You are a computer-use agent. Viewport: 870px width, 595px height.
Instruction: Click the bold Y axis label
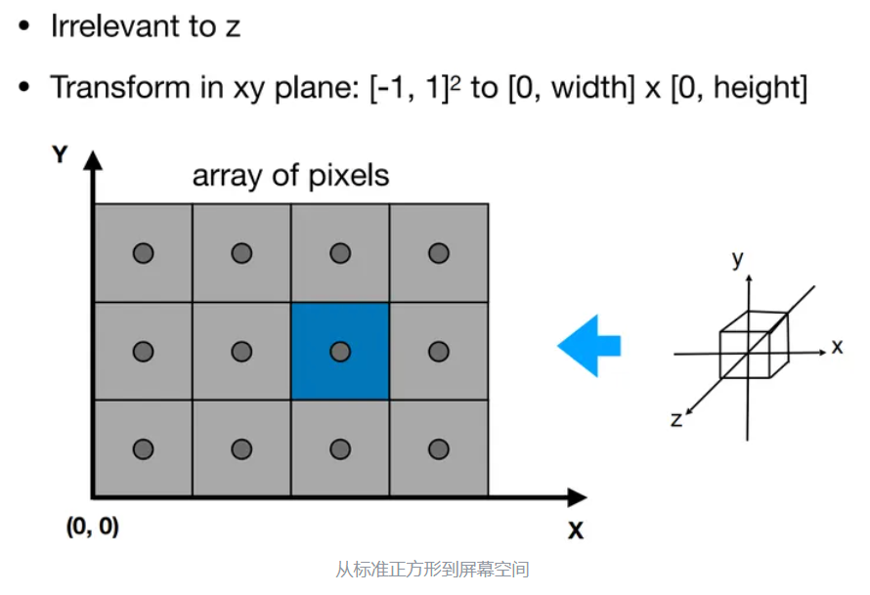tap(61, 154)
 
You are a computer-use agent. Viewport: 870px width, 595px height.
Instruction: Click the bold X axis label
tap(576, 531)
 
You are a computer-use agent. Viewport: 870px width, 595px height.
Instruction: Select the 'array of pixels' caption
tap(290, 176)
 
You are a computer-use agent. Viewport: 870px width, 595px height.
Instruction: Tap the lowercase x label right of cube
tap(838, 346)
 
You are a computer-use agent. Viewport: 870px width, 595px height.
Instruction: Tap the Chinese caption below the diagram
tap(432, 570)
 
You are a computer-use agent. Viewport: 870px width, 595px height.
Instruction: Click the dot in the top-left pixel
tap(144, 253)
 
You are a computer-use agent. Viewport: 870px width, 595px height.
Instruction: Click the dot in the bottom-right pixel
tap(439, 448)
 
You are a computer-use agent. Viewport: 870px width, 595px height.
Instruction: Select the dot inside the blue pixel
tap(340, 351)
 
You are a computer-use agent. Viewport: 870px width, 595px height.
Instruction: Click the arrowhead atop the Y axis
tap(93, 159)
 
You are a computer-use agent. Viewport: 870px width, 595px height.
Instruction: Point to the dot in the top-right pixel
tap(439, 253)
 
